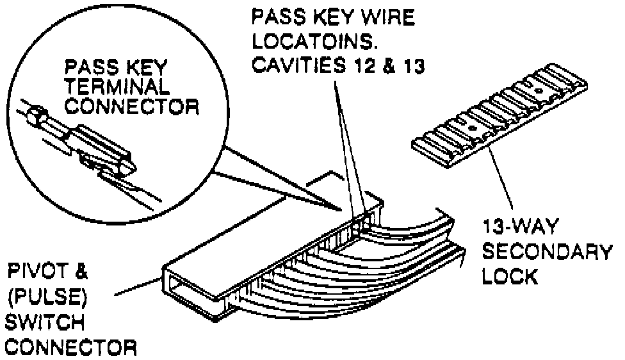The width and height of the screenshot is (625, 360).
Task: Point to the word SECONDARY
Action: click(x=546, y=252)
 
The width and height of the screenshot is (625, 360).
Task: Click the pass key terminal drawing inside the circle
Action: click(x=96, y=147)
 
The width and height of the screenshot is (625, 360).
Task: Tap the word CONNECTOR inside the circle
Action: click(x=127, y=106)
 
